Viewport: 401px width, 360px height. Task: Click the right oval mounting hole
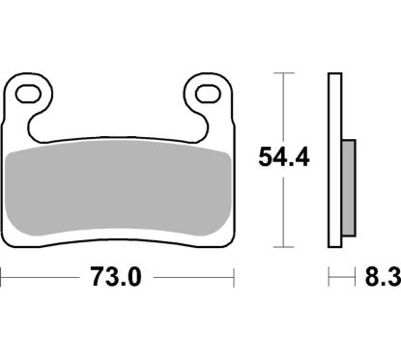pos(205,94)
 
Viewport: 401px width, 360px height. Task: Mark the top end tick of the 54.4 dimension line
pos(283,72)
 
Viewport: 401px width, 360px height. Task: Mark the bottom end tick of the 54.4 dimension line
pos(283,241)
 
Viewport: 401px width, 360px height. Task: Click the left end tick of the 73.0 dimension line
pos(3,279)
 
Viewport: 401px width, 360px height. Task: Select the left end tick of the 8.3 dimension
pos(329,279)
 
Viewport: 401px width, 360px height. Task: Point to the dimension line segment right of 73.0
pos(193,279)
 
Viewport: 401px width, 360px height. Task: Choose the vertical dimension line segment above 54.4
pos(283,106)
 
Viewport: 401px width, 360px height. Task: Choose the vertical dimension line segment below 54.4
pos(283,208)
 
